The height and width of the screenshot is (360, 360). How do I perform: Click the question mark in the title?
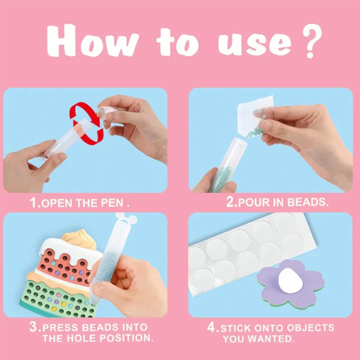click(x=312, y=41)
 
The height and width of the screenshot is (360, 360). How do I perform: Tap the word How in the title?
click(x=93, y=41)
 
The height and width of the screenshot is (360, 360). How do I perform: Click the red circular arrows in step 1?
click(x=86, y=123)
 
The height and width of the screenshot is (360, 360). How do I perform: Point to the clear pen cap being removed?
click(x=107, y=112)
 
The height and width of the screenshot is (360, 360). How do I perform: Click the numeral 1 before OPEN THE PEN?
click(x=33, y=202)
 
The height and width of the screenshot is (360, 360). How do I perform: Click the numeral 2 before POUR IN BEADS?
click(x=230, y=202)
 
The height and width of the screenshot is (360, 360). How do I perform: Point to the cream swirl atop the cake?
click(x=79, y=239)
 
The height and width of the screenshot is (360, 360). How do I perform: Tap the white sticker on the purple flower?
click(x=290, y=281)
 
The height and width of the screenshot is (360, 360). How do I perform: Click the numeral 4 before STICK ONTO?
click(x=211, y=326)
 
